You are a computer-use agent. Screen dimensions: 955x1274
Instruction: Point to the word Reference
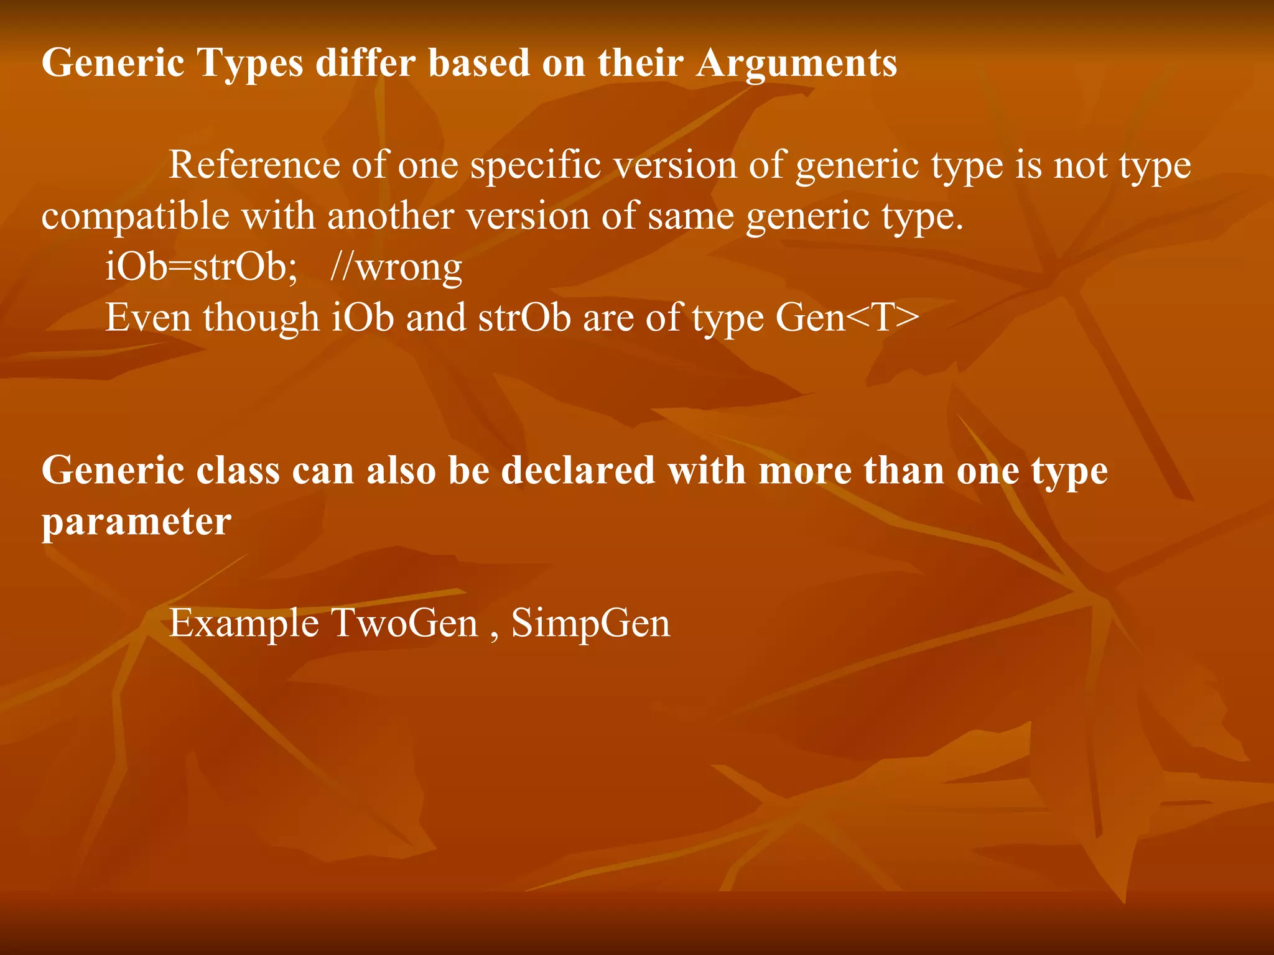coord(254,165)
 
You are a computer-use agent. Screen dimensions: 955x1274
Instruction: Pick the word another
coord(390,216)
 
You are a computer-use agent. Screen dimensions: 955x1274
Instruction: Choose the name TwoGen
coord(404,622)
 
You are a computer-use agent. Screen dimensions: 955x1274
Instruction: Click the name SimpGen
coord(591,624)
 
